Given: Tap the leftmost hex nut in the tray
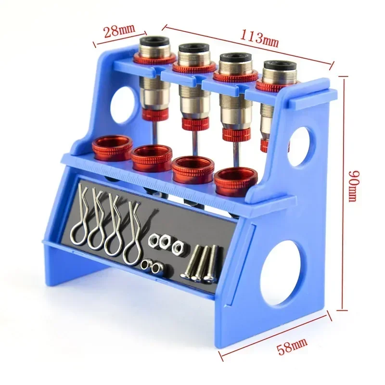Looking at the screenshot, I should [155, 240].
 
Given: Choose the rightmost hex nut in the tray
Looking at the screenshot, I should [177, 247].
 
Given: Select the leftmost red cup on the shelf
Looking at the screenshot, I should [113, 145].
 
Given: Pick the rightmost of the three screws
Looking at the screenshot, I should [212, 265].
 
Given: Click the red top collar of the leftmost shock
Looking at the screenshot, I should [154, 60].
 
